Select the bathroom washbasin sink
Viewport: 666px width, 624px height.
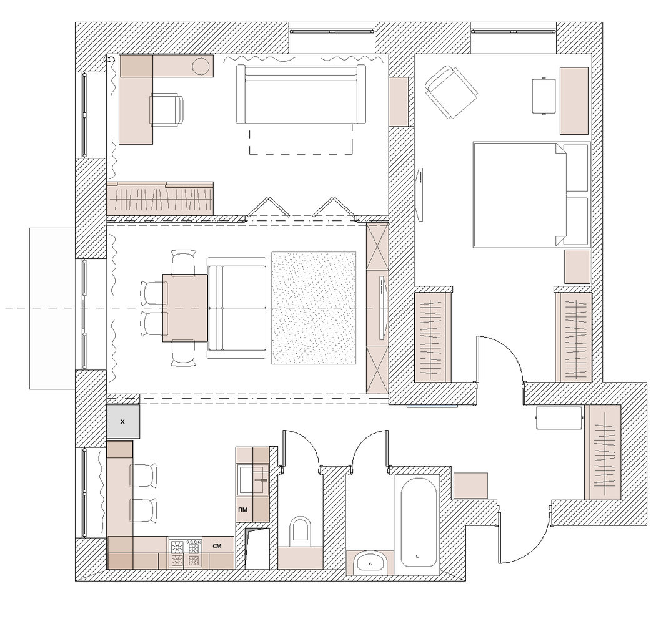tap(371, 563)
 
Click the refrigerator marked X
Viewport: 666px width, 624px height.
tap(122, 422)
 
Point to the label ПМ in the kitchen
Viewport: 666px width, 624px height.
tap(244, 509)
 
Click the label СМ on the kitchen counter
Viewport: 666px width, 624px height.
tap(217, 546)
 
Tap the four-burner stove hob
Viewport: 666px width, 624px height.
tap(185, 553)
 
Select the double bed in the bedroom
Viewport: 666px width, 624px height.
tap(531, 195)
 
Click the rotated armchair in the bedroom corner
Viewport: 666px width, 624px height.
tap(450, 92)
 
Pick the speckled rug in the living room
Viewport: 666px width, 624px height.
tap(314, 308)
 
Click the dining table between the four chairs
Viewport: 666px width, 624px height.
tap(185, 308)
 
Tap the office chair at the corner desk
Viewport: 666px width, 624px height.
tap(166, 110)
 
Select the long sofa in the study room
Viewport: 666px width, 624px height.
tap(301, 94)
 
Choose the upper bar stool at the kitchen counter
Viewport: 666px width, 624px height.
tap(144, 475)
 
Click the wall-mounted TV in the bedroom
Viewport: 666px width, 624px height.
tap(420, 194)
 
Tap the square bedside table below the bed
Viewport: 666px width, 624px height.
tap(577, 266)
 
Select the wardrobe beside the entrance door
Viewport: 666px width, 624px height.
tap(602, 452)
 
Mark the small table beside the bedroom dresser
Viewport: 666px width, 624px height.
tap(544, 96)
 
